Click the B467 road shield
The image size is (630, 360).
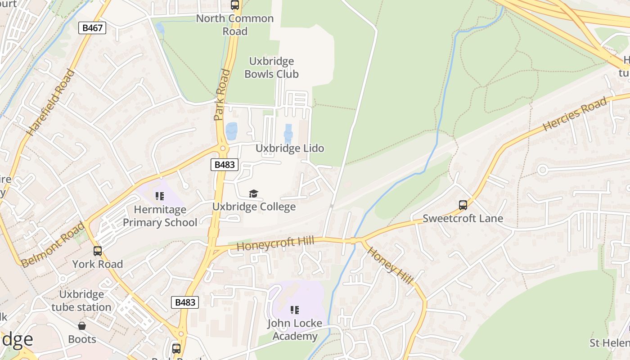point(92,27)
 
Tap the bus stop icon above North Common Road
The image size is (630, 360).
point(234,5)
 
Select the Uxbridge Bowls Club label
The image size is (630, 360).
point(271,67)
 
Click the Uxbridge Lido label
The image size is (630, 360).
point(290,148)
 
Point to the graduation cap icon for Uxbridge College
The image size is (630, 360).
point(254,193)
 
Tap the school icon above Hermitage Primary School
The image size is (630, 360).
point(159,196)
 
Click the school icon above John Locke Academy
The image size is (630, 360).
point(295,310)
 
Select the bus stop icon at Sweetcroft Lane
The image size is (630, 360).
point(463,205)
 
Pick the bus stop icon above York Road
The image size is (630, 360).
point(98,251)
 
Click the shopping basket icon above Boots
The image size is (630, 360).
point(82,325)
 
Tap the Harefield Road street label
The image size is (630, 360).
point(51,102)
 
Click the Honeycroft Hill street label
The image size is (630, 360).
point(275,243)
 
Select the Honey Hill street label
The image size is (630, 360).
point(390,265)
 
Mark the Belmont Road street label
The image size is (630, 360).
point(53,245)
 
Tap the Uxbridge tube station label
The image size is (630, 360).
point(81,301)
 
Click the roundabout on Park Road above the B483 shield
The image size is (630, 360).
point(222,148)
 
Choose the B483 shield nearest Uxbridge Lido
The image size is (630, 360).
point(224,165)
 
